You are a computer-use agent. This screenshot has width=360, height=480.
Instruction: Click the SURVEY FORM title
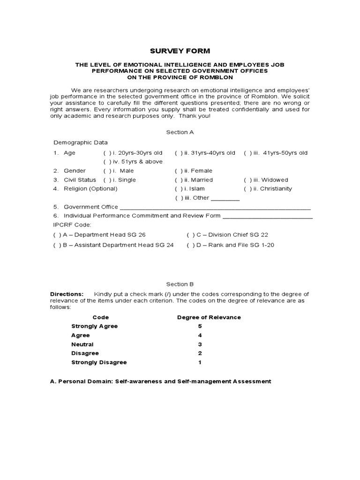[x=180, y=51]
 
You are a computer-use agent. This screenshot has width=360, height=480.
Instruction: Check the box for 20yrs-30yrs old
[x=106, y=153]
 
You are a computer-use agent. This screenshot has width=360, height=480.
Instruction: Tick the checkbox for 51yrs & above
[x=106, y=162]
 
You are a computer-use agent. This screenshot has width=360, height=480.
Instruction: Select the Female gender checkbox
[x=178, y=171]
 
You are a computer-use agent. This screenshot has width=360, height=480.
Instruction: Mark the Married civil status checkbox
[x=178, y=180]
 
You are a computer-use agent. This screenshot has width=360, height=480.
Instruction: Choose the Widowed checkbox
[x=247, y=180]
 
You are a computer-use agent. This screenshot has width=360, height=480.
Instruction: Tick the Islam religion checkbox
[x=178, y=188]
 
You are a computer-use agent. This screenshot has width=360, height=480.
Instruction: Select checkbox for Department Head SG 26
[x=56, y=235]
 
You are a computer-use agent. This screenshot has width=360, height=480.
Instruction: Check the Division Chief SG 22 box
[x=189, y=235]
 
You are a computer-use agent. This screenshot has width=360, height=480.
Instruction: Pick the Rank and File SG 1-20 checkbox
[x=189, y=245]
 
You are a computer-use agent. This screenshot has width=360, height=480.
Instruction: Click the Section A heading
[x=180, y=132]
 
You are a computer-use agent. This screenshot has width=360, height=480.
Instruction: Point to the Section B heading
[x=180, y=284]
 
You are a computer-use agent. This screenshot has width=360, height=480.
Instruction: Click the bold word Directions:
[x=67, y=294]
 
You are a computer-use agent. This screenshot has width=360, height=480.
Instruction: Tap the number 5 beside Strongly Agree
[x=200, y=326]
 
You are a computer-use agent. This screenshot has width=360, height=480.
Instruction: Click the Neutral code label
[x=82, y=344]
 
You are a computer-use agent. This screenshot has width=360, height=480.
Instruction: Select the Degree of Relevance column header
[x=209, y=317]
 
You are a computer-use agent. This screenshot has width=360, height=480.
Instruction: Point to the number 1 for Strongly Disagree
[x=200, y=362]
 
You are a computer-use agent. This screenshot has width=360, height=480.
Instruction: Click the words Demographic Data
[x=80, y=142]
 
